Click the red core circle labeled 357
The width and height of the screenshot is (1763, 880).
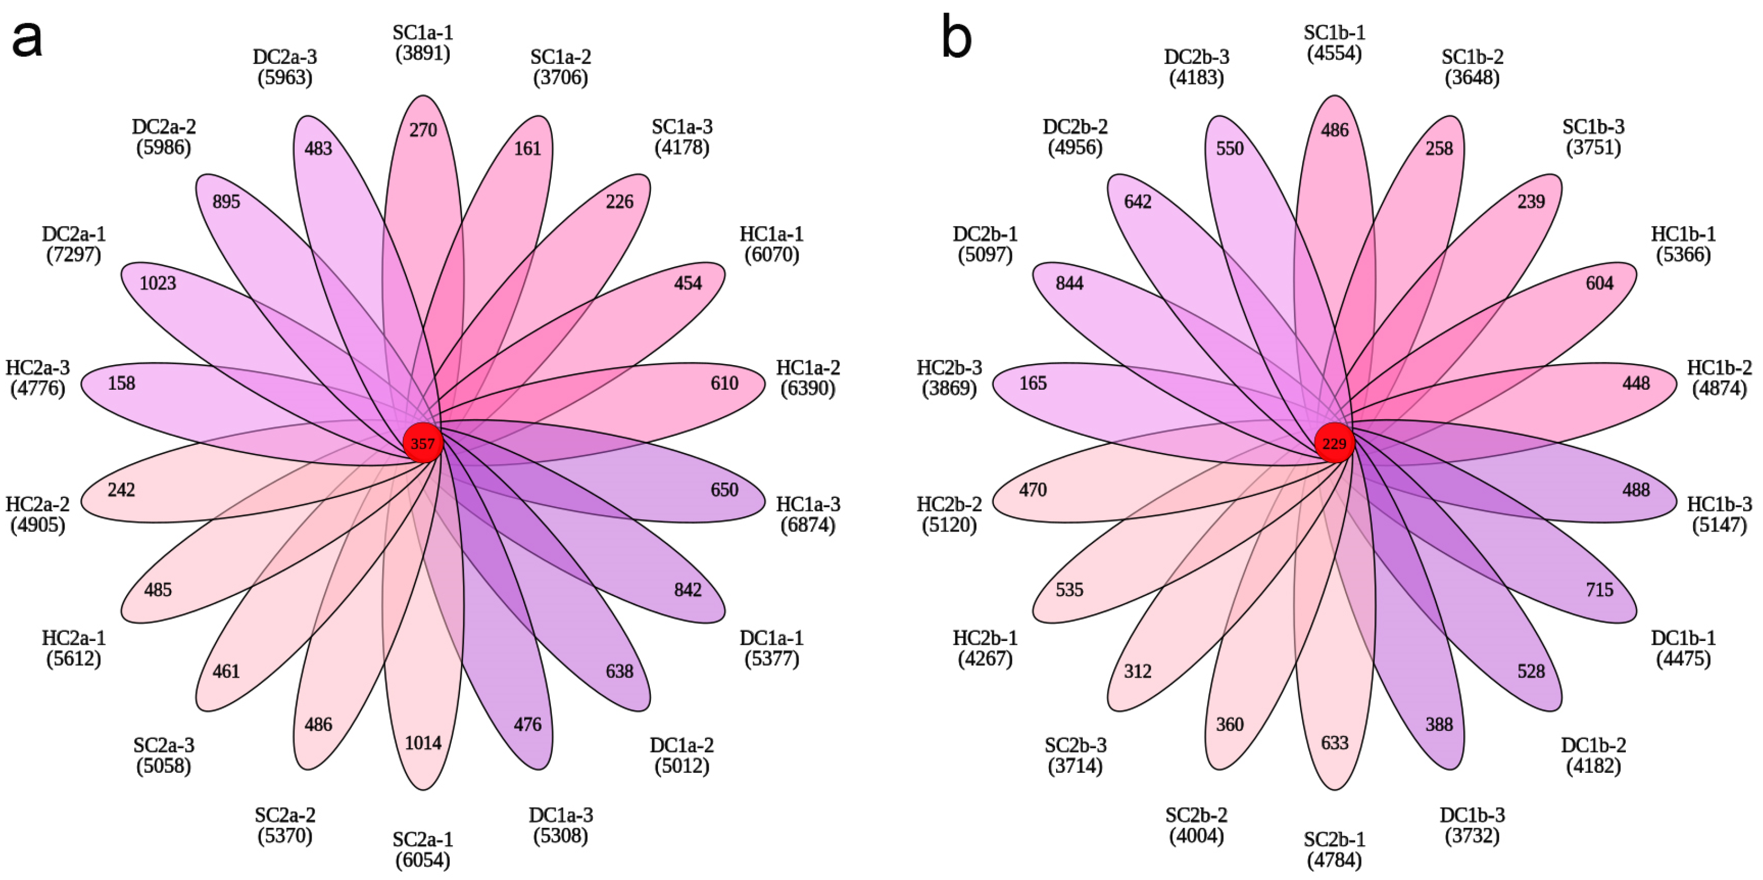(423, 443)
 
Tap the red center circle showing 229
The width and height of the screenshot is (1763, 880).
(1334, 443)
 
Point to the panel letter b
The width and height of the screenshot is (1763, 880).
(956, 38)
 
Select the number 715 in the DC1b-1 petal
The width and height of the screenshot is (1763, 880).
(1599, 590)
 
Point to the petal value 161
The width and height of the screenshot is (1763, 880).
(528, 148)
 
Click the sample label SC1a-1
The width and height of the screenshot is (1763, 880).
(423, 33)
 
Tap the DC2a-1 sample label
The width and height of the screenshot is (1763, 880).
(74, 234)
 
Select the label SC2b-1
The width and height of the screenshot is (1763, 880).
(1334, 839)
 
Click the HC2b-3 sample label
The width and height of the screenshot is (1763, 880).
(949, 368)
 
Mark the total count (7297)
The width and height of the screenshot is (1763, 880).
(74, 255)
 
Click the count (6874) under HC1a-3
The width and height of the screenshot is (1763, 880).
(808, 525)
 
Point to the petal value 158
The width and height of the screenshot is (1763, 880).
(121, 383)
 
